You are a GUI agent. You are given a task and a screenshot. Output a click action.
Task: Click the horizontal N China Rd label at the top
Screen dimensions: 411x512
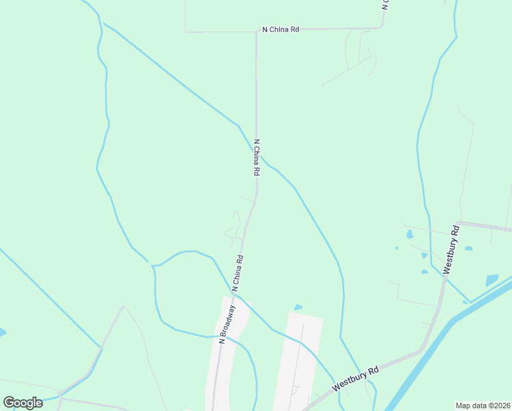[x=281, y=29]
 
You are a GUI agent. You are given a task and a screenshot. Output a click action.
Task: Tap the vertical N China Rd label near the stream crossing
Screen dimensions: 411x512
[x=257, y=158]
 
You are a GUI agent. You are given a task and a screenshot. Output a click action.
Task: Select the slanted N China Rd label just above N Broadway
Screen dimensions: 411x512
[x=238, y=274]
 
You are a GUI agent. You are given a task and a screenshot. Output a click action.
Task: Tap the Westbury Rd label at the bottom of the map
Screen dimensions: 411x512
[x=357, y=379]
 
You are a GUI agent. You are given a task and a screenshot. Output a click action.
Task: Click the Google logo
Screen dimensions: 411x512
[x=23, y=402]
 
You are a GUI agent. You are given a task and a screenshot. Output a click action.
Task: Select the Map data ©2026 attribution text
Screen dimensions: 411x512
[x=483, y=405]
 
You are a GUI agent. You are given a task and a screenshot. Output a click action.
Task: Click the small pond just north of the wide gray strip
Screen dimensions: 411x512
[x=298, y=307]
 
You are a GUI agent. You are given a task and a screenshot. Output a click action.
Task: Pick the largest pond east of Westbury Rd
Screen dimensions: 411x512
[x=492, y=280]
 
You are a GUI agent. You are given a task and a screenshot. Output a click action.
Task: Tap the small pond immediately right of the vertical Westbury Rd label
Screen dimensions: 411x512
[x=468, y=249]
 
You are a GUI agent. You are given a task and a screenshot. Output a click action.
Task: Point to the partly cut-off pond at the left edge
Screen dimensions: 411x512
[x=2, y=332]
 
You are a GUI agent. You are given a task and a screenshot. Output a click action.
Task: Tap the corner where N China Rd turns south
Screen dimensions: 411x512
[x=257, y=31]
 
